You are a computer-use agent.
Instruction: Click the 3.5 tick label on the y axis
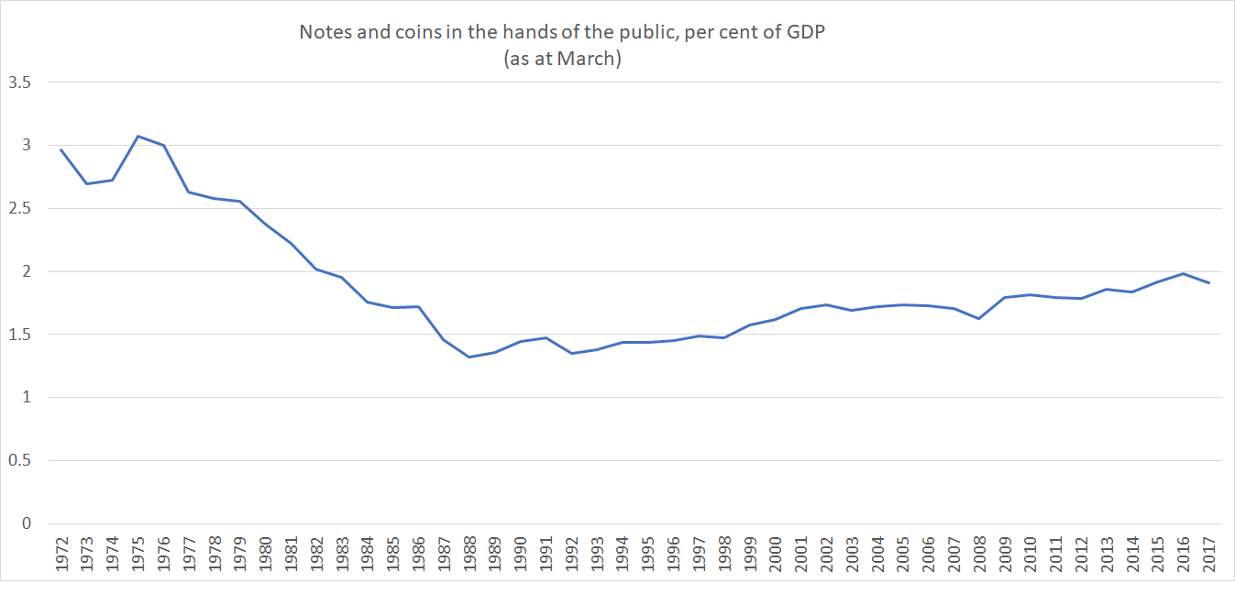(x=19, y=82)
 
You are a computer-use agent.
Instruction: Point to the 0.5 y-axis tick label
(x=19, y=460)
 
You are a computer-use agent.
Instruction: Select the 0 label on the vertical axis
(x=26, y=523)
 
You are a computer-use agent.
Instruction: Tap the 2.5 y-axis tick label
(x=19, y=208)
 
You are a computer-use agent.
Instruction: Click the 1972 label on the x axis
(x=61, y=554)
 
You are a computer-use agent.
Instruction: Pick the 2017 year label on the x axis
(x=1207, y=554)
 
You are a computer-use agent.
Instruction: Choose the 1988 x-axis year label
(x=469, y=554)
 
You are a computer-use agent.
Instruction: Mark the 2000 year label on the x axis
(x=775, y=554)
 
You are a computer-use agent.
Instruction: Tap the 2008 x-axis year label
(x=978, y=554)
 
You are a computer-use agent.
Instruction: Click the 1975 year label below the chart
(x=138, y=554)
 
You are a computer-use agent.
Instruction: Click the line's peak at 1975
(x=138, y=136)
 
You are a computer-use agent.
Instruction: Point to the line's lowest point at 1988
(x=469, y=357)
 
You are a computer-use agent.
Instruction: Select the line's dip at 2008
(x=978, y=318)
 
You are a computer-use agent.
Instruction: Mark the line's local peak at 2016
(x=1183, y=273)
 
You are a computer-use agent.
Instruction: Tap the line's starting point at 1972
(x=61, y=149)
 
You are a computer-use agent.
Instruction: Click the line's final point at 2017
(x=1207, y=282)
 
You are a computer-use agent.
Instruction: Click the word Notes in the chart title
(x=322, y=32)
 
